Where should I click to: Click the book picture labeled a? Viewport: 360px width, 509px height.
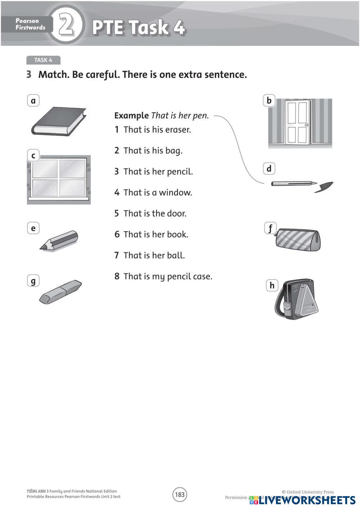[59, 121]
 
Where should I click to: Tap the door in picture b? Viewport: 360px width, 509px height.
[297, 122]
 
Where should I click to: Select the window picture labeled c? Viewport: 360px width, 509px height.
[59, 179]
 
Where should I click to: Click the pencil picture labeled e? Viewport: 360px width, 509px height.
[59, 240]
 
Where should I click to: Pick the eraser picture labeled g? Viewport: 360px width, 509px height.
[60, 291]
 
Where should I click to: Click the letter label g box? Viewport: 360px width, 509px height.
[33, 280]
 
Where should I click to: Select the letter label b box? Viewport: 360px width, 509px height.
[269, 100]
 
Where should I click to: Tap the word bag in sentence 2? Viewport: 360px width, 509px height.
[174, 150]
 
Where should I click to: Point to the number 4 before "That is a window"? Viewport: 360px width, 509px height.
[117, 193]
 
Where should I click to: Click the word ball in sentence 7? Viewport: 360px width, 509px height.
[176, 255]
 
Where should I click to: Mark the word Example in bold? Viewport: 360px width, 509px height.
[131, 116]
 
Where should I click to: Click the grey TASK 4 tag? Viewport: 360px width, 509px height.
[43, 60]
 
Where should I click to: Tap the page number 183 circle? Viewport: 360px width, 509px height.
[180, 495]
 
